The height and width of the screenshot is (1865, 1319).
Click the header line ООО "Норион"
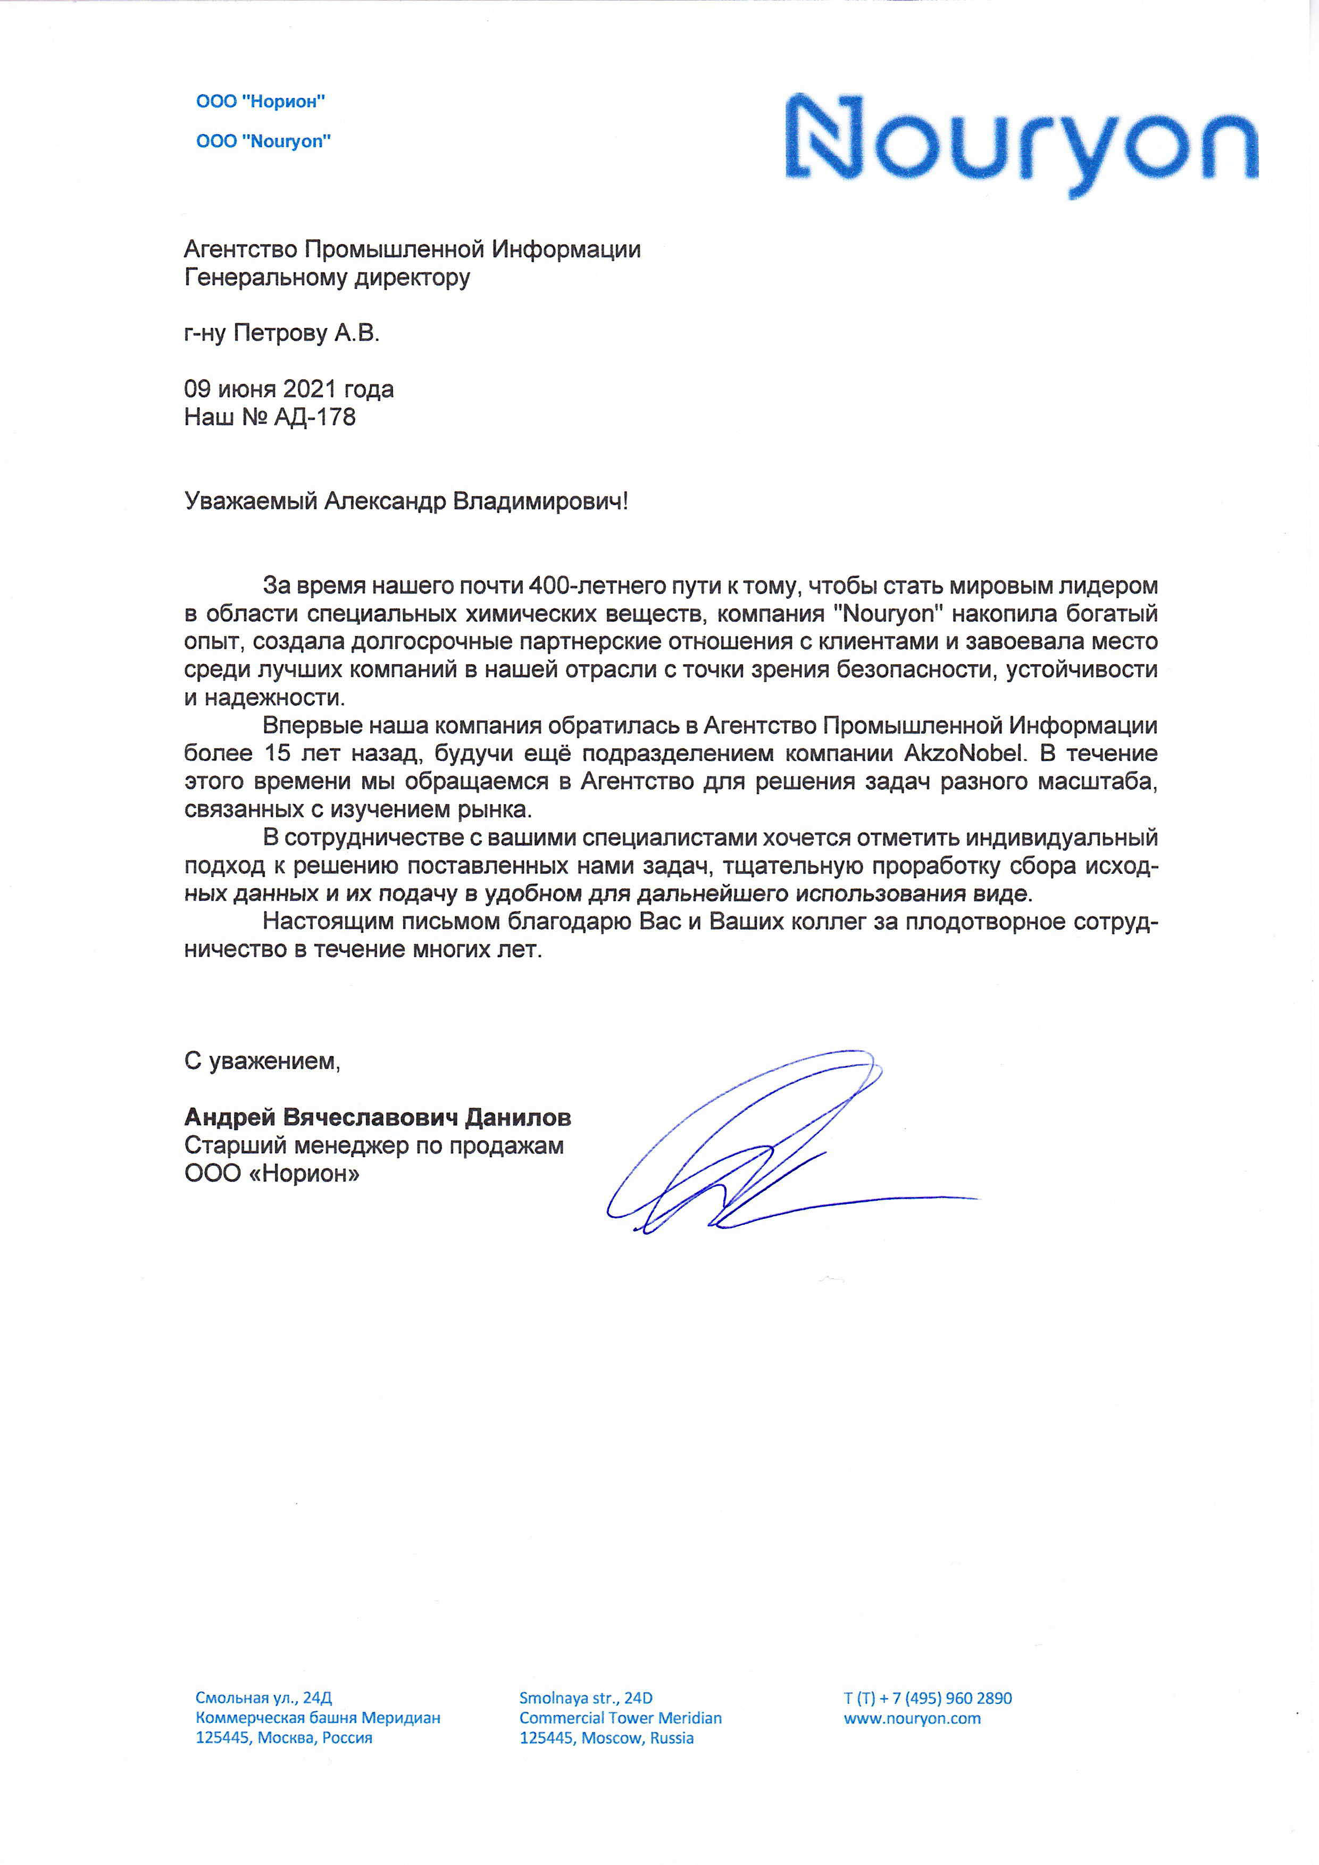pyautogui.click(x=261, y=102)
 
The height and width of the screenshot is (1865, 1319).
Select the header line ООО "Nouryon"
pyautogui.click(x=263, y=141)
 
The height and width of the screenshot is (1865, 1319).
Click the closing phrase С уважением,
pyautogui.click(x=262, y=1061)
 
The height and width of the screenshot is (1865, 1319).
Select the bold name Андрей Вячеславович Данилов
pyautogui.click(x=378, y=1118)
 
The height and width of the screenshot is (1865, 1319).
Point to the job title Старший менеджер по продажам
pyautogui.click(x=373, y=1146)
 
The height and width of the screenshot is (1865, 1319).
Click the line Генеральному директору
pyautogui.click(x=327, y=278)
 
